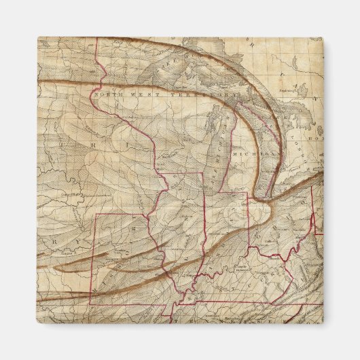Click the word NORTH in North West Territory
click(109, 96)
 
